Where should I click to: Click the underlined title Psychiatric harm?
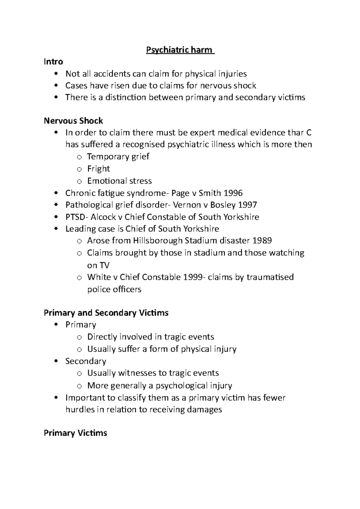(x=179, y=50)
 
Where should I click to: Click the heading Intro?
(x=53, y=62)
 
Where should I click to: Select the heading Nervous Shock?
(x=73, y=121)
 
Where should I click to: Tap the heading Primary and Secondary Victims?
(x=106, y=313)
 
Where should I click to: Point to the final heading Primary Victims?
(x=75, y=433)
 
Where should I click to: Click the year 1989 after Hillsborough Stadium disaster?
(x=262, y=241)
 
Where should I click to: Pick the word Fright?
(x=98, y=169)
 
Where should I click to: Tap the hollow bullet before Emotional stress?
(x=79, y=181)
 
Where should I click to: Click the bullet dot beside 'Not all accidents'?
(x=56, y=74)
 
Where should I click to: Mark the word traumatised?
(x=270, y=277)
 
